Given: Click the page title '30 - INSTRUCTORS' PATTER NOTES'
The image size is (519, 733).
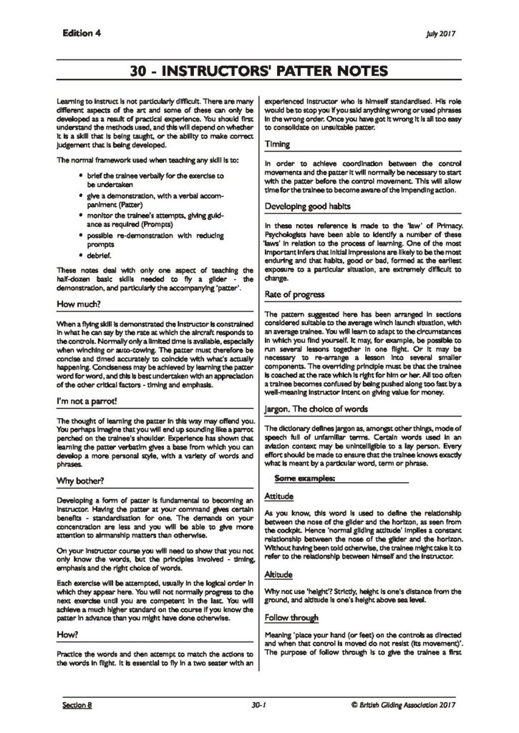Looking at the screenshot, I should coord(259,71).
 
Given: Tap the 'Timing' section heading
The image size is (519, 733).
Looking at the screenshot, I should coord(277,144).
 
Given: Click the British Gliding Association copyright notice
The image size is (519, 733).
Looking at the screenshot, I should coord(404,704).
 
